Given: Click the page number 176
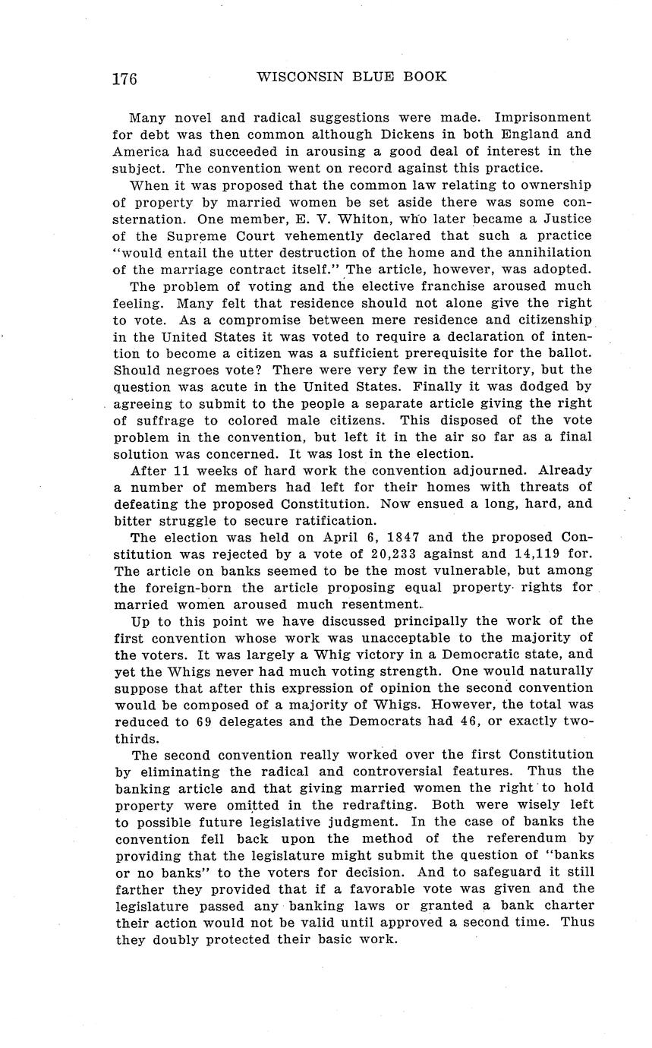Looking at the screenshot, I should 124,78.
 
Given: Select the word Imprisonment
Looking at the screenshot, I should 542,118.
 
